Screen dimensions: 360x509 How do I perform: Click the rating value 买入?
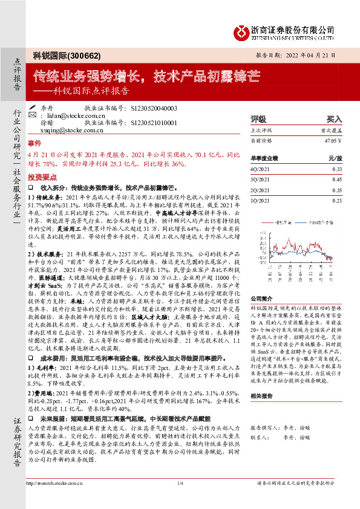334,120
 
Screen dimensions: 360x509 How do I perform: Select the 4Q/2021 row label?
260,169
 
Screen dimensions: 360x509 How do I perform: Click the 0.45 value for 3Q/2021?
338,180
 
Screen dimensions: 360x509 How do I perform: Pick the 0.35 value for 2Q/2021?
338,190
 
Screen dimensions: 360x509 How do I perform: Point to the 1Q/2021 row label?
260,200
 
